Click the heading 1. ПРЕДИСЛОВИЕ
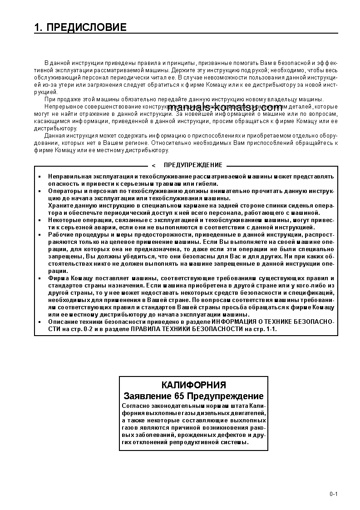coord(80,28)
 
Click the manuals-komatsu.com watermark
coord(225,108)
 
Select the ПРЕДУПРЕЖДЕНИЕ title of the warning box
coord(193,165)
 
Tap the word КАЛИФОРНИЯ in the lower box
coord(193,385)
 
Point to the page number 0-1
coord(334,494)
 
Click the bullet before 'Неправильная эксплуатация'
coord(39,176)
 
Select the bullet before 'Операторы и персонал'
coord(39,191)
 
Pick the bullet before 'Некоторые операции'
coord(39,220)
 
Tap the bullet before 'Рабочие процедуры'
coord(39,235)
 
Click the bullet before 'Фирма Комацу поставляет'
coord(39,278)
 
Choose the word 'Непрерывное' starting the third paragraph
coord(61,106)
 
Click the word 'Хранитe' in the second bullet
coord(59,206)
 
